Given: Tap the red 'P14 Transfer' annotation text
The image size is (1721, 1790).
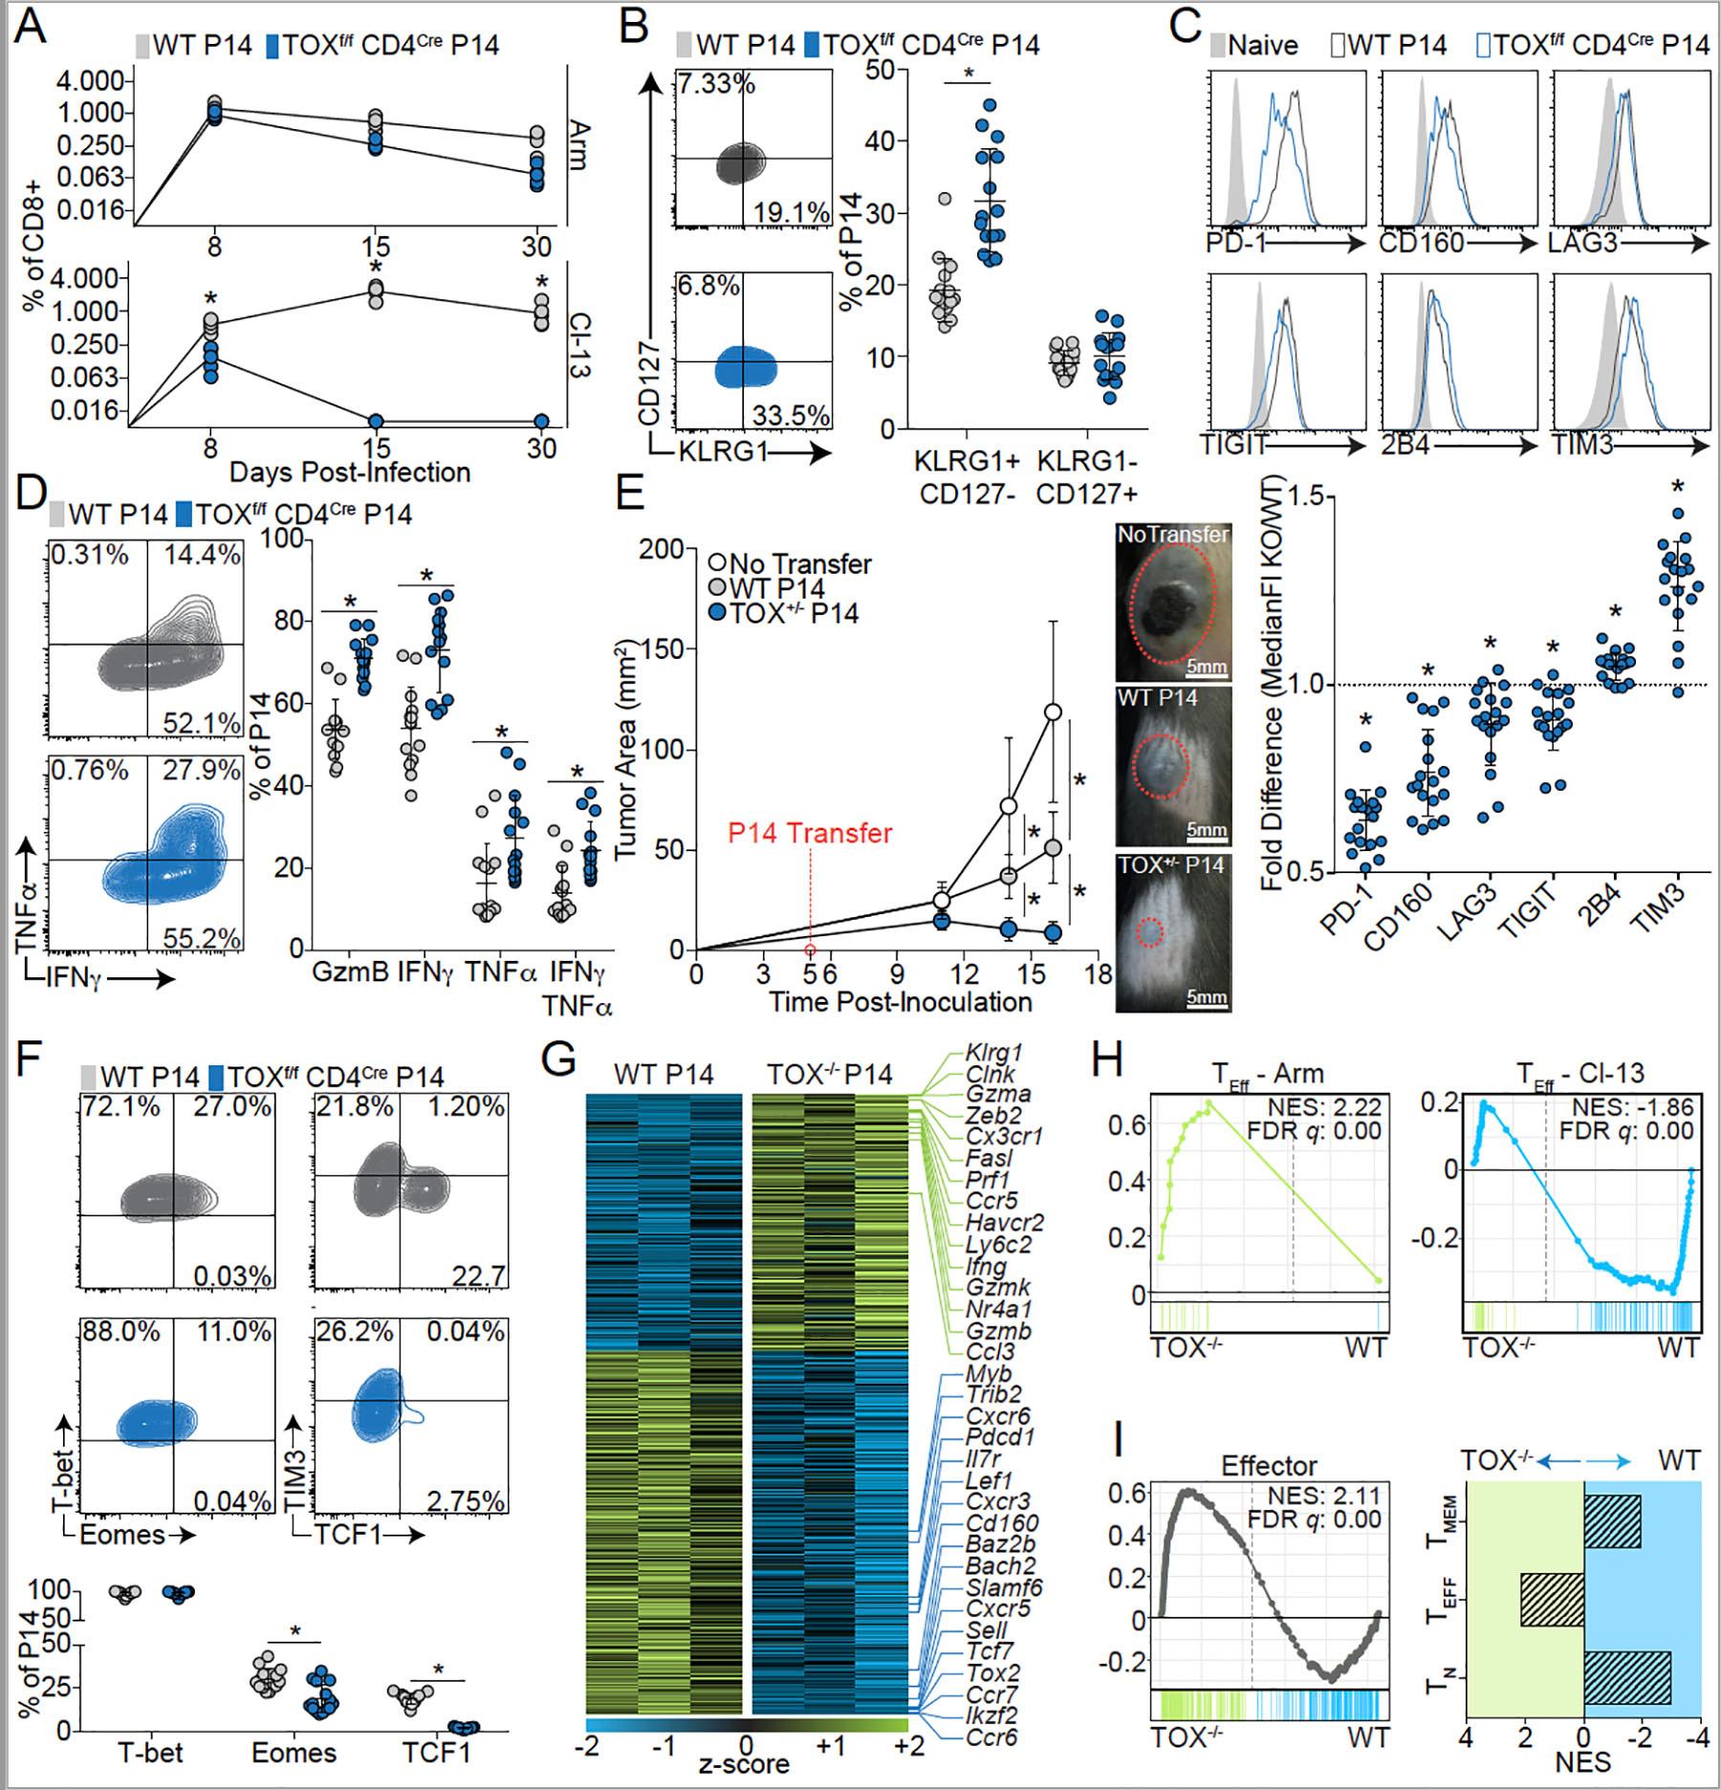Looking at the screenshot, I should (x=809, y=833).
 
